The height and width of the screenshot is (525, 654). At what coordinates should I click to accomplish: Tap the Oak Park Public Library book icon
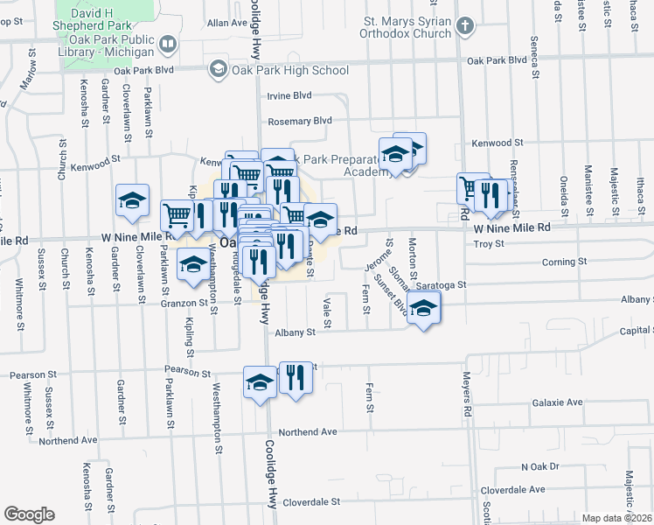click(166, 43)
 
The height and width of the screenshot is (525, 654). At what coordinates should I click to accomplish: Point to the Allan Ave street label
click(227, 22)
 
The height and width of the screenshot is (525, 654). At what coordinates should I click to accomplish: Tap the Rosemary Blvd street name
click(300, 121)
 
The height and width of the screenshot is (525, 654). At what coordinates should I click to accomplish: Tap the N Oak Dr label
click(539, 466)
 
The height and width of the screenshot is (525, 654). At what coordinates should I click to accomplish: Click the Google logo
click(29, 514)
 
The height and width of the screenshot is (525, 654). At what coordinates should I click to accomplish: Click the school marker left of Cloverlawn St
click(133, 200)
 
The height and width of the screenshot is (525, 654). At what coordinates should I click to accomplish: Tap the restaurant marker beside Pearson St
click(296, 379)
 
